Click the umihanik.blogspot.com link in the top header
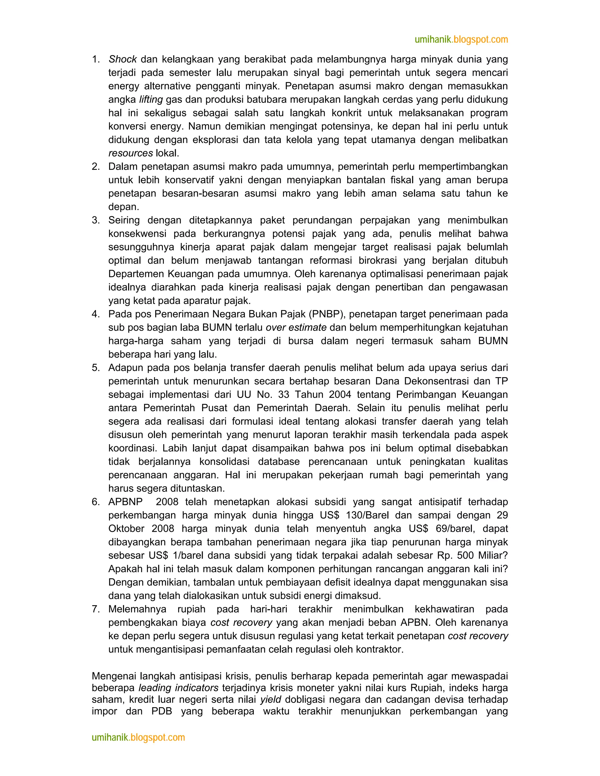coord(461,40)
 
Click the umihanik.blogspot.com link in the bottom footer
coord(138,737)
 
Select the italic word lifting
coord(151,100)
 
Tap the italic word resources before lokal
coord(130,153)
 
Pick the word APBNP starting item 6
coord(125,502)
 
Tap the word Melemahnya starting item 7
coord(137,609)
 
